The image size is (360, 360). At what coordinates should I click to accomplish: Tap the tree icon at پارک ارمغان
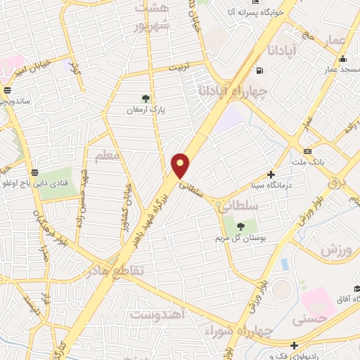(146, 98)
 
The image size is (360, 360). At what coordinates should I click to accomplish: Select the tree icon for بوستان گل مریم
(240, 226)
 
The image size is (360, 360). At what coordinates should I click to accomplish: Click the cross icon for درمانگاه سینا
(271, 174)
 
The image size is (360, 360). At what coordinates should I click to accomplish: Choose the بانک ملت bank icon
(307, 151)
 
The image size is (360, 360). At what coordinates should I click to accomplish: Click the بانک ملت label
(327, 162)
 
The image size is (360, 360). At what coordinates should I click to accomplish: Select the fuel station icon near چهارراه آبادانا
(260, 70)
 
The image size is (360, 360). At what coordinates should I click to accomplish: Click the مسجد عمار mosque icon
(342, 58)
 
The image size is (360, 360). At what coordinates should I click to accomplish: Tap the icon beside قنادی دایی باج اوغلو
(34, 172)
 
